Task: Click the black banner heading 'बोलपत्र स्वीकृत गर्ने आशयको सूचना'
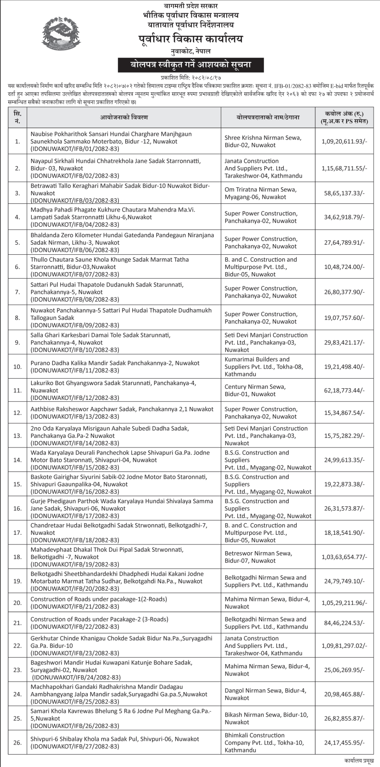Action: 190,65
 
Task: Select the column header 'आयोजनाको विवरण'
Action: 123,118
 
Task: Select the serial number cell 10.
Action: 17,367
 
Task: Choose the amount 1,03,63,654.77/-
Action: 343,557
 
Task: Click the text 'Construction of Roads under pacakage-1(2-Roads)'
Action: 99,599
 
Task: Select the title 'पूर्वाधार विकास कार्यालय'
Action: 190,39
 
